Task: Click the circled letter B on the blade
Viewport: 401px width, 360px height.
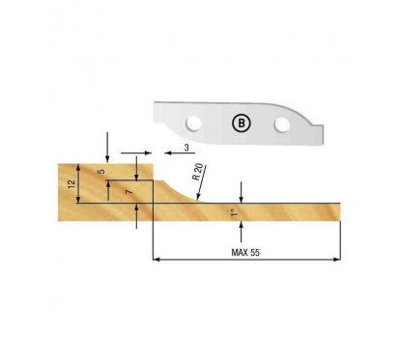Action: (x=239, y=123)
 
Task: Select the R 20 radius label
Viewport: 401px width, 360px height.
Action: (x=197, y=175)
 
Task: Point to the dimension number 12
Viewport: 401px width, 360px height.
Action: (x=71, y=183)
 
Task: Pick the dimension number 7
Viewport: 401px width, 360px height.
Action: (x=126, y=192)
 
